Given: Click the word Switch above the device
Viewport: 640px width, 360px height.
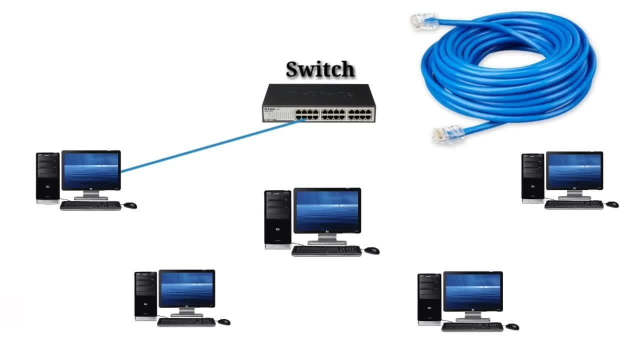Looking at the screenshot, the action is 320,69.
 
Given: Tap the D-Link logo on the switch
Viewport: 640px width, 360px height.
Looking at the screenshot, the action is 269,109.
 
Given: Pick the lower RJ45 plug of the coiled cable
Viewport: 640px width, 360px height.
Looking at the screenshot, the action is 448,134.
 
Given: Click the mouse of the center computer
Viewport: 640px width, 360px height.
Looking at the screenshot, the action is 372,250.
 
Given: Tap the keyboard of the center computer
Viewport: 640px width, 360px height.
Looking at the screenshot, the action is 326,250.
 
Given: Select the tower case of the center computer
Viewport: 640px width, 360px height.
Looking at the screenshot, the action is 277,219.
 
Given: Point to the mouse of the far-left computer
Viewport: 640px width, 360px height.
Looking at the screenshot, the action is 130,205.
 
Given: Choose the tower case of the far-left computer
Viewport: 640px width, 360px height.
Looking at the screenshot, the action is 47,178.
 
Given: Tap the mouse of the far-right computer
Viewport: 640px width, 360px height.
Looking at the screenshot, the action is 612,204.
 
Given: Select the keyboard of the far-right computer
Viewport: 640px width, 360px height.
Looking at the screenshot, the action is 574,204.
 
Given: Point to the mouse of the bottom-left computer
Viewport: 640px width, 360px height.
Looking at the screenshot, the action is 224,322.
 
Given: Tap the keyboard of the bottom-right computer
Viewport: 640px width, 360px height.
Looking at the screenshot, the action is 472,327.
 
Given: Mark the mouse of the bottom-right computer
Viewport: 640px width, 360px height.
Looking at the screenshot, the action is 512,326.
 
